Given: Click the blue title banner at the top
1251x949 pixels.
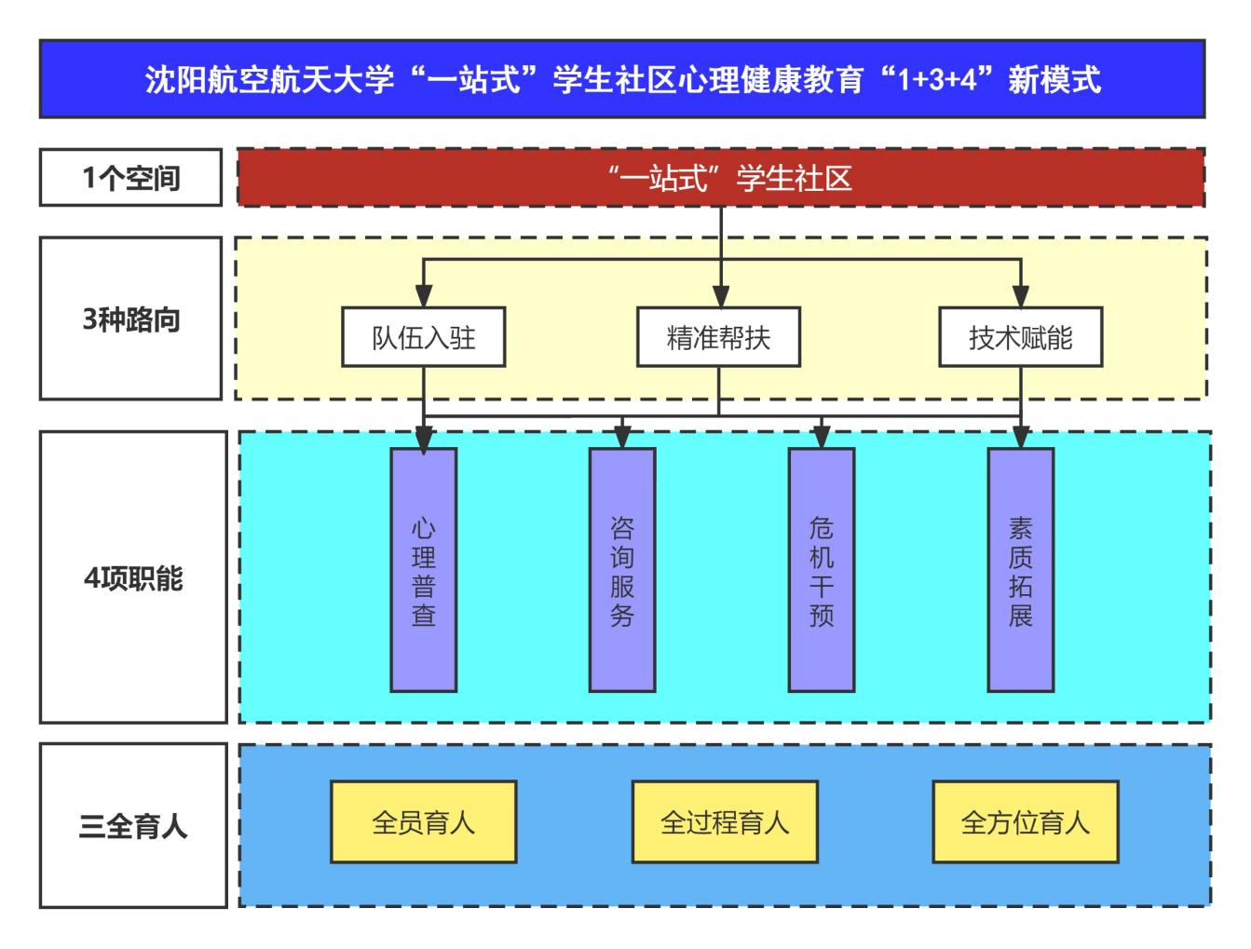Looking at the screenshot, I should pyautogui.click(x=622, y=79).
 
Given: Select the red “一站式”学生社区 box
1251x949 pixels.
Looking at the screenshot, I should pyautogui.click(x=721, y=177).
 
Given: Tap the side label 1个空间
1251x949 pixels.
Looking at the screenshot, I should pyautogui.click(x=130, y=177).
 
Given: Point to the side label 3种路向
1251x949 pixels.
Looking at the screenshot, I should pyautogui.click(x=130, y=319).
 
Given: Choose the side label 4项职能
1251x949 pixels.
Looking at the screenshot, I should pyautogui.click(x=132, y=577).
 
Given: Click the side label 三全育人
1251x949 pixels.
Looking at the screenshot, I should pyautogui.click(x=132, y=825).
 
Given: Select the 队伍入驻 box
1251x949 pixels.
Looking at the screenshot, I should pyautogui.click(x=424, y=337).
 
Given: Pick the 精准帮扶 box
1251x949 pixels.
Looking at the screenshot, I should pyautogui.click(x=718, y=337).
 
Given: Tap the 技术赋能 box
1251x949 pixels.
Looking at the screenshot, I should pyautogui.click(x=1020, y=337).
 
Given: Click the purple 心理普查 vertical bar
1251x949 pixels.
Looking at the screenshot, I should pyautogui.click(x=424, y=570).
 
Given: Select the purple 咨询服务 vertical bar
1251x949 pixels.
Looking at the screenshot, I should pyautogui.click(x=622, y=570).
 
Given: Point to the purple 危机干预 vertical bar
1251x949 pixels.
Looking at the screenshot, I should pyautogui.click(x=821, y=570).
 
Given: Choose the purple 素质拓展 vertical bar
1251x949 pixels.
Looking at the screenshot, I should pyautogui.click(x=1020, y=570).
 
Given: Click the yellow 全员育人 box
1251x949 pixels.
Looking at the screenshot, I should pyautogui.click(x=424, y=822).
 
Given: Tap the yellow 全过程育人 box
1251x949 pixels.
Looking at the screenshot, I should pyautogui.click(x=725, y=822).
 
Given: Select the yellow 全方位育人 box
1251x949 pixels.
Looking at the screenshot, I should pyautogui.click(x=1025, y=822).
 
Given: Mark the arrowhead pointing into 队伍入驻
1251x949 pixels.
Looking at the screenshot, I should pyautogui.click(x=424, y=297).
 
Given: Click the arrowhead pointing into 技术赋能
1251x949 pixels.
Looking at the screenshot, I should pyautogui.click(x=1021, y=297).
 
